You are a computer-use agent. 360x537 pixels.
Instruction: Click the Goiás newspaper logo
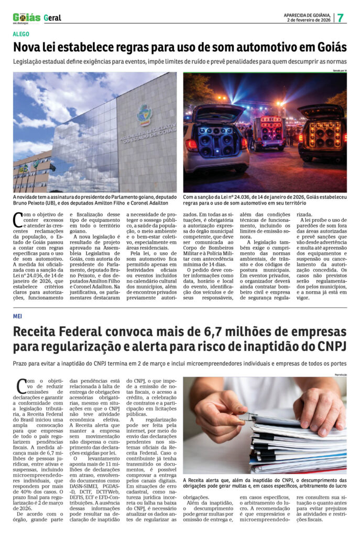[x=26, y=17]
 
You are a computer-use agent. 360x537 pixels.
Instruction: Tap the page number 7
[x=341, y=17]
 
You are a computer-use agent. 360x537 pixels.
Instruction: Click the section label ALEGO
[x=21, y=35]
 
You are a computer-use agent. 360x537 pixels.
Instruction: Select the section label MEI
[x=17, y=316]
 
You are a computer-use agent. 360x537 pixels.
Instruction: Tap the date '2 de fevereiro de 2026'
[x=308, y=20]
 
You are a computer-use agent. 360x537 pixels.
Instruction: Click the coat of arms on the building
[x=143, y=115]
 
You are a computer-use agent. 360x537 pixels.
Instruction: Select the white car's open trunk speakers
[x=215, y=139]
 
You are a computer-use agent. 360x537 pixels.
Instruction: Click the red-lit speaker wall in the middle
[x=271, y=128]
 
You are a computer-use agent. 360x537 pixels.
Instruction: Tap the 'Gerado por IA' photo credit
[x=338, y=70]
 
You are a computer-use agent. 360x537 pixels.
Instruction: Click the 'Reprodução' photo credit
[x=340, y=374]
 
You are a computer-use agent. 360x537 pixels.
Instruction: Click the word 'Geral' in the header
[x=52, y=18]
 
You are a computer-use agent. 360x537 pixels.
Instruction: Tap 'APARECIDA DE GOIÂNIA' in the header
[x=307, y=15]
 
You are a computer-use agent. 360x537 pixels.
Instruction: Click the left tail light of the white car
[x=191, y=145]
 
